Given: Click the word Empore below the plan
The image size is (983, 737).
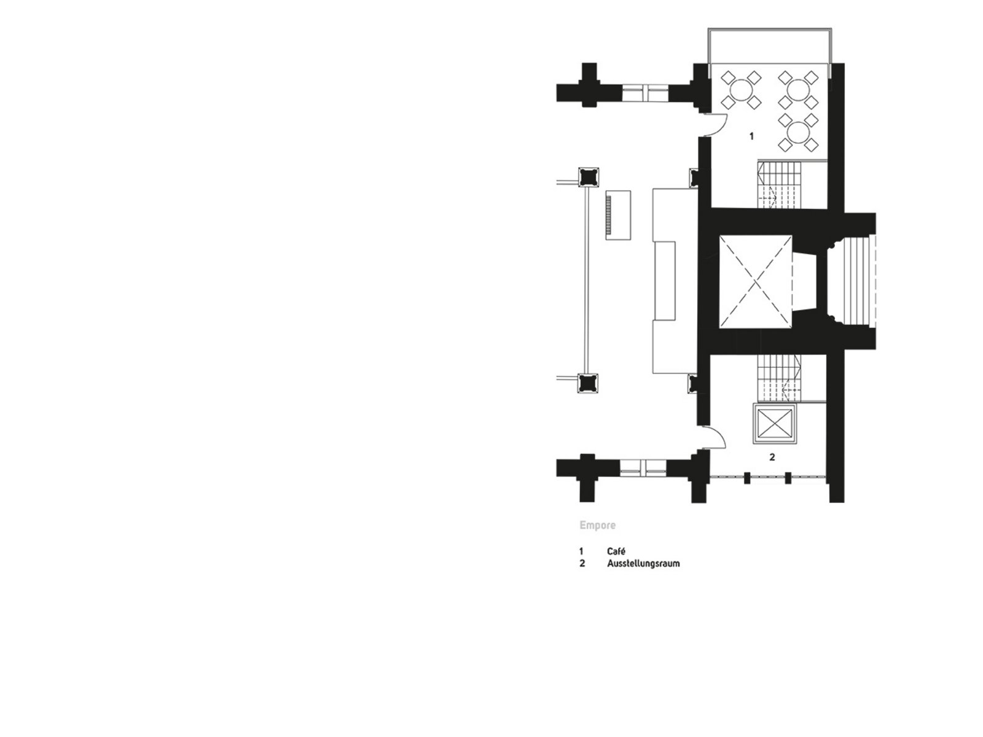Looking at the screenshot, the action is [597, 525].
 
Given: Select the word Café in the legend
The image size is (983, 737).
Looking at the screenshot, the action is [616, 552].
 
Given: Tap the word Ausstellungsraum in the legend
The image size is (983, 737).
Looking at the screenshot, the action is [643, 563].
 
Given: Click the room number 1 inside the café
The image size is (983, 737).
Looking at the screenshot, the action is [751, 136].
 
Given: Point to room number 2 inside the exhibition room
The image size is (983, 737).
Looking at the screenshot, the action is [772, 458].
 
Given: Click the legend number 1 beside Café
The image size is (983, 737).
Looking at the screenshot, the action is [581, 552].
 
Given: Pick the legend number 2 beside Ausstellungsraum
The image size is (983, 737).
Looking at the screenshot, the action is [582, 563].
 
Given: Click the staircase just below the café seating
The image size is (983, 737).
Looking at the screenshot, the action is [779, 184].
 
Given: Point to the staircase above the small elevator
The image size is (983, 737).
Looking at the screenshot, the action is [779, 379].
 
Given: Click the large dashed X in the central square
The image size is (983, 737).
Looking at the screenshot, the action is [756, 281].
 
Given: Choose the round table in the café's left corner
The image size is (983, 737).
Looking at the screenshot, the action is [741, 90].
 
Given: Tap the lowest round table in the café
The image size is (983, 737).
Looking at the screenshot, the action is [798, 133].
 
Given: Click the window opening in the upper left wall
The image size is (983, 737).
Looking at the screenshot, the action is [645, 93].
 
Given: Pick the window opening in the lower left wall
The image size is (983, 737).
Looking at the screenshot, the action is [643, 467].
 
